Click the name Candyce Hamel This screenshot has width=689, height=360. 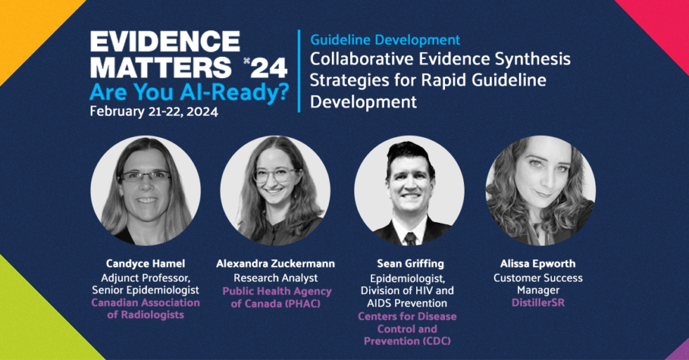click(x=145, y=264)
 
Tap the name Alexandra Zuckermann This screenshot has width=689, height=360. click(x=276, y=264)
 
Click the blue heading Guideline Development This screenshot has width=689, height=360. click(x=385, y=40)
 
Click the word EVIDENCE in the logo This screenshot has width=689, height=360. click(x=165, y=41)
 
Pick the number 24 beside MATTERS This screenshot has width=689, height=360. click(x=269, y=67)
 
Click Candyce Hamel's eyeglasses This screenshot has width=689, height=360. click(x=146, y=176)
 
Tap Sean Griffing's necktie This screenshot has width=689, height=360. click(x=410, y=238)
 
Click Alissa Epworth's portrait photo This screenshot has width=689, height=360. click(x=541, y=190)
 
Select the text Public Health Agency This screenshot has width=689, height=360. click(x=276, y=290)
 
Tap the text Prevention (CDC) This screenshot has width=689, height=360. click(x=407, y=341)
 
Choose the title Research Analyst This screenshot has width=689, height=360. click(x=276, y=277)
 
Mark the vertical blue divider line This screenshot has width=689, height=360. click(x=300, y=70)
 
